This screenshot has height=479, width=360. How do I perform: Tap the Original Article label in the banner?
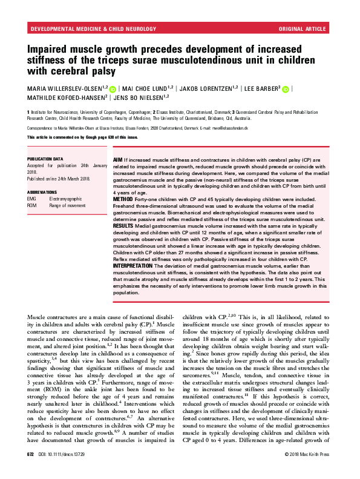303,28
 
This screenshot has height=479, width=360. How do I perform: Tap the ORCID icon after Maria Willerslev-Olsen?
113,88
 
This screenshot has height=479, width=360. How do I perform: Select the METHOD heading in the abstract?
125,197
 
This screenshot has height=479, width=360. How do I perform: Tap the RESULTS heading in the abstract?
126,224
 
